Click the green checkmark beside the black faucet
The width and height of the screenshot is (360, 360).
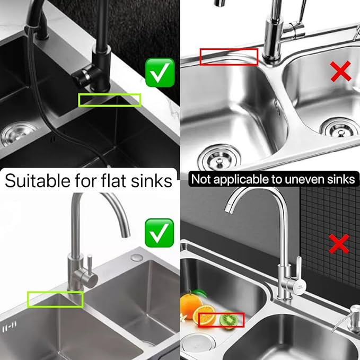pos(160,73)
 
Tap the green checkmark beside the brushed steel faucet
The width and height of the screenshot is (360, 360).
pos(160,233)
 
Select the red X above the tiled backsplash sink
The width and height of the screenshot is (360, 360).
pos(339,244)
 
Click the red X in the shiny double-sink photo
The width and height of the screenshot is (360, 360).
pos(341,71)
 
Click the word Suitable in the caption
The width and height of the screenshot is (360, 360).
pos(38,181)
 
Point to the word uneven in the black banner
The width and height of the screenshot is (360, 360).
pos(304,179)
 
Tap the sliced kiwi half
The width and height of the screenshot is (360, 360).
pos(229,320)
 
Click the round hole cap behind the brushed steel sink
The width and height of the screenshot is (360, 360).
pos(137,257)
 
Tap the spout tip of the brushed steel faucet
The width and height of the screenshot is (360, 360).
pos(125,235)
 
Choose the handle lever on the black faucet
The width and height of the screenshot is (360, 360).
pos(83,75)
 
